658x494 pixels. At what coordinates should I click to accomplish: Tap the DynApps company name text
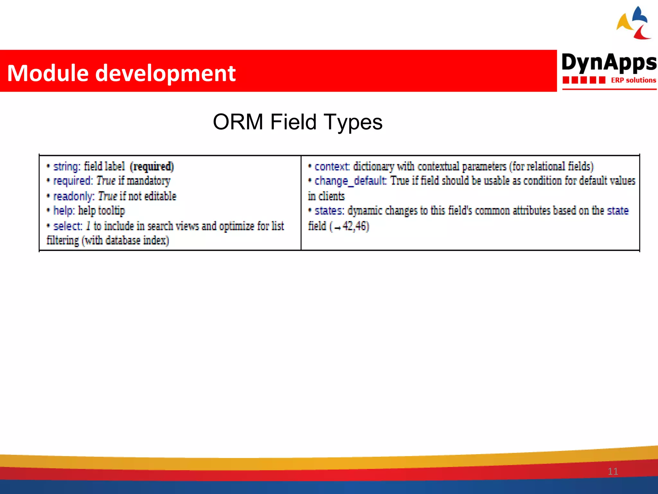pyautogui.click(x=609, y=63)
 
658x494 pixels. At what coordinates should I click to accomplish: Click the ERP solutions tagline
pyautogui.click(x=633, y=80)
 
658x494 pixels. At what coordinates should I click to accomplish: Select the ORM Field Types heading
pyautogui.click(x=298, y=122)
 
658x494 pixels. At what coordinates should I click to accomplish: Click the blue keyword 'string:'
pyautogui.click(x=67, y=167)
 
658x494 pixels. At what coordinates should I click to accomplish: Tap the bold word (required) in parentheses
pyautogui.click(x=152, y=167)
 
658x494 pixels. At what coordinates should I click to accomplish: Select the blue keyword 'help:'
pyautogui.click(x=64, y=211)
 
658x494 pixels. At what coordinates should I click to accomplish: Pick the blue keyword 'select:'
pyautogui.click(x=68, y=226)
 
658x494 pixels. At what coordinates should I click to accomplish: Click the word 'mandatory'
pyautogui.click(x=148, y=181)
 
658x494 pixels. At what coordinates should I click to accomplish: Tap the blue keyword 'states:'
pyautogui.click(x=329, y=211)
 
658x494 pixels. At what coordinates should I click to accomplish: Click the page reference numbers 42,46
pyautogui.click(x=355, y=226)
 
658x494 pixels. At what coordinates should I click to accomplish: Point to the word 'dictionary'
pyautogui.click(x=374, y=167)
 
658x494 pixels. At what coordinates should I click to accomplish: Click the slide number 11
pyautogui.click(x=613, y=471)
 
